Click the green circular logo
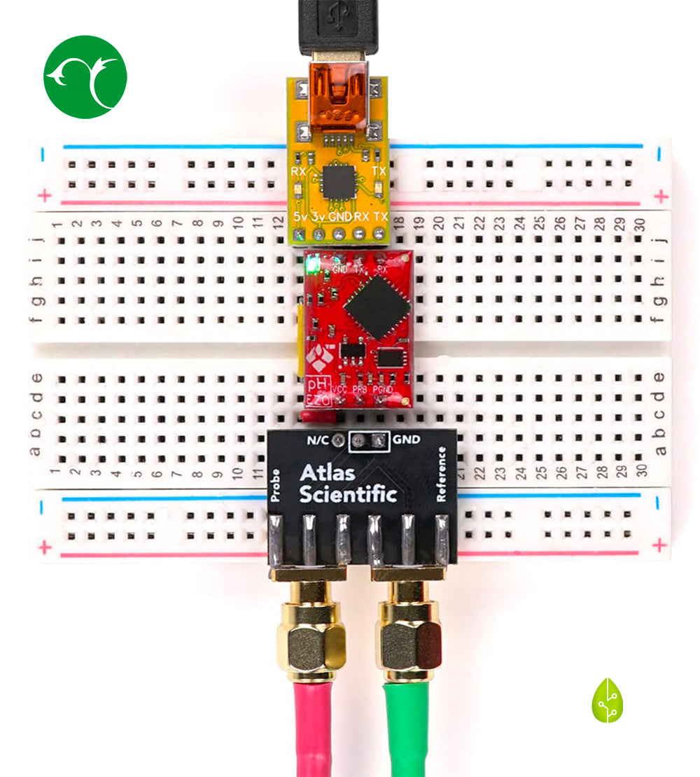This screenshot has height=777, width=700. [85, 77]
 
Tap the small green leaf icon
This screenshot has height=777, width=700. [607, 701]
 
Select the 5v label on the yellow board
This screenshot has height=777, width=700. [300, 216]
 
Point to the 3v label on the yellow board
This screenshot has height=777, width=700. [319, 216]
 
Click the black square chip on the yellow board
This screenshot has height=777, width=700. [339, 182]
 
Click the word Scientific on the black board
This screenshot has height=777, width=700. [348, 495]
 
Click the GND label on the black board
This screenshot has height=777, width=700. [407, 440]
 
